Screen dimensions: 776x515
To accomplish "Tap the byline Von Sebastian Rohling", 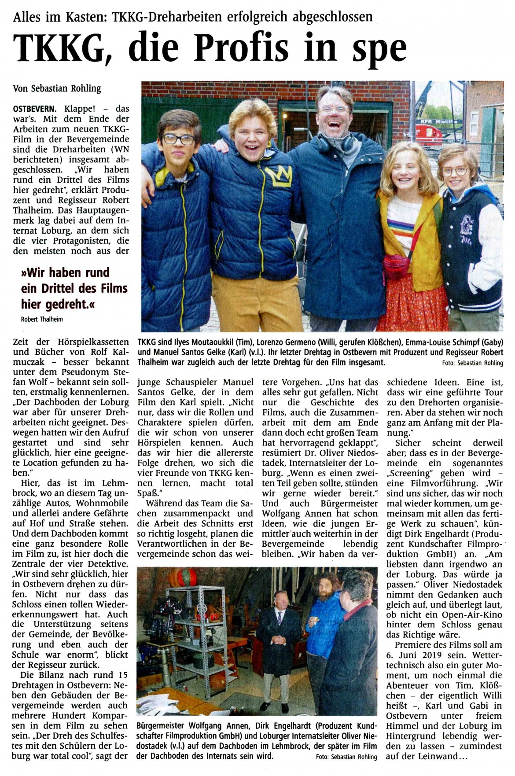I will pyautogui.click(x=57, y=88).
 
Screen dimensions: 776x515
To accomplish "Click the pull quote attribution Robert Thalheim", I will pyautogui.click(x=42, y=319).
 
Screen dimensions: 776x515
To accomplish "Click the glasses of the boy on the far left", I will pyautogui.click(x=179, y=140).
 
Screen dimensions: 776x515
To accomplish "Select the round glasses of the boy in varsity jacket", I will pyautogui.click(x=455, y=172).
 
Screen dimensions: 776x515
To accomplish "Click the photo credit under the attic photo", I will pyautogui.click(x=346, y=757).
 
